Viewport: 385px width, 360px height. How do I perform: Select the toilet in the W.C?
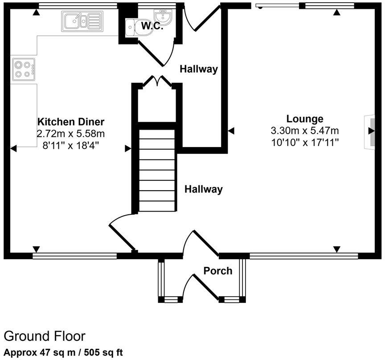click(x=132, y=26)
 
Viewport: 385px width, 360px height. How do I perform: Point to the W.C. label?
click(x=152, y=26)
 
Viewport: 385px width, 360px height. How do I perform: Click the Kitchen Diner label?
click(x=71, y=122)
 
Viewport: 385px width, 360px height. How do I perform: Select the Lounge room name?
click(x=305, y=119)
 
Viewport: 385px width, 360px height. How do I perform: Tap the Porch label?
click(x=218, y=270)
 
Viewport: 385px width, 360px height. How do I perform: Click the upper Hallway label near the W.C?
click(x=199, y=69)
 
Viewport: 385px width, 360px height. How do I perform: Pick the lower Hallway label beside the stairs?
click(x=204, y=189)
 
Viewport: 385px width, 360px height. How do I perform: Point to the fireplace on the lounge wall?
click(x=369, y=131)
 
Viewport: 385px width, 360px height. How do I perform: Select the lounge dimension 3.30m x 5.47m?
click(x=305, y=131)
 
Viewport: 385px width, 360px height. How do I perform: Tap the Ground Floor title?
click(x=45, y=336)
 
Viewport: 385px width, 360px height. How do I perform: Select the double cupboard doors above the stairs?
click(x=157, y=81)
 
